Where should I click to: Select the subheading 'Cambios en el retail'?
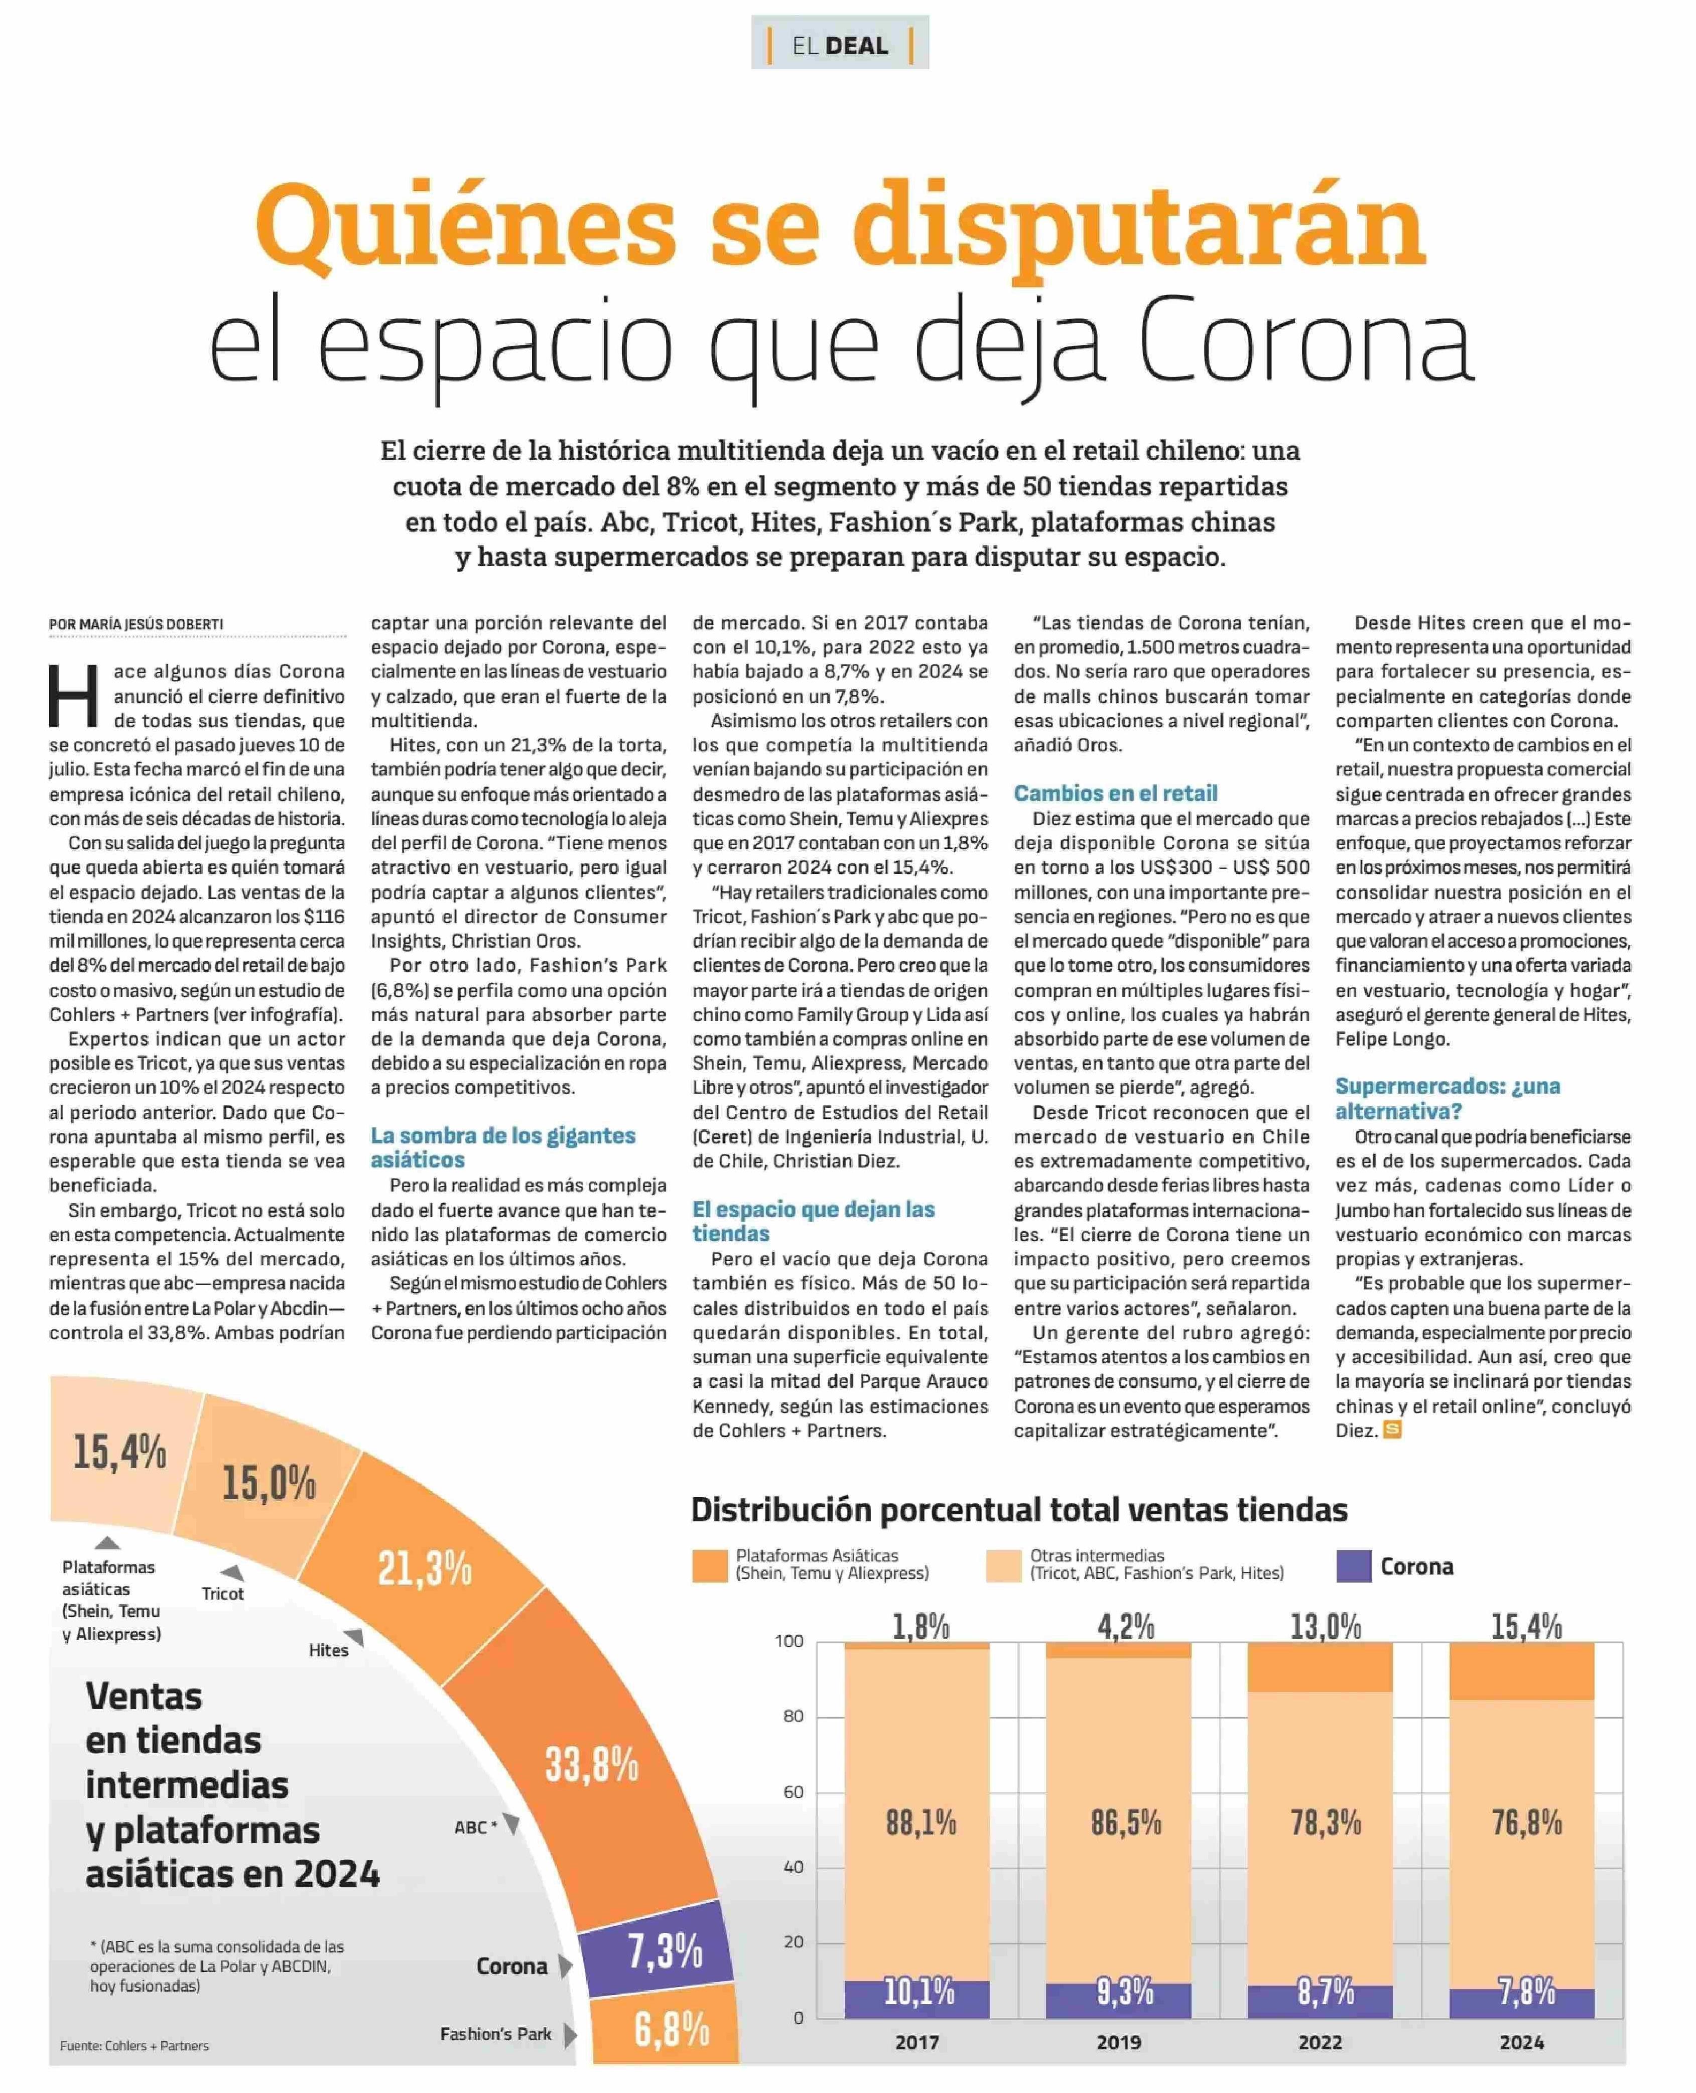click(1116, 793)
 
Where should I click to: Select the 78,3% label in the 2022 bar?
click(1326, 1822)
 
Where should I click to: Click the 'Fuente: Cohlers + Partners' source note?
click(134, 2045)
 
